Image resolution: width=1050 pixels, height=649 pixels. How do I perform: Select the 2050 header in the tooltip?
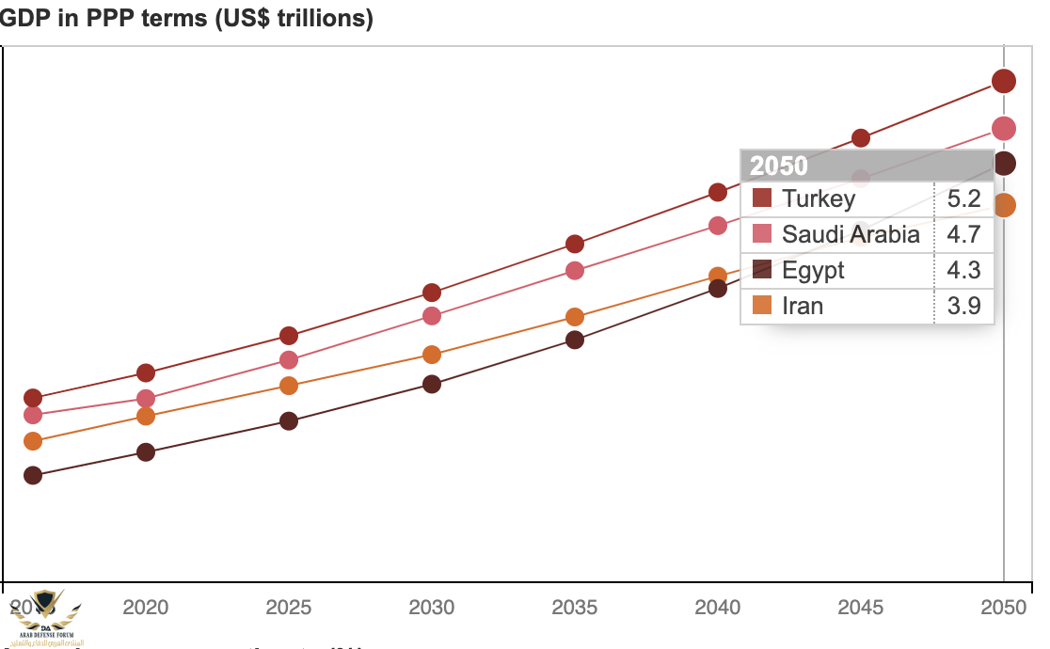click(x=779, y=166)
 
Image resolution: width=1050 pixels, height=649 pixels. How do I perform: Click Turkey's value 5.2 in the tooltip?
click(x=964, y=198)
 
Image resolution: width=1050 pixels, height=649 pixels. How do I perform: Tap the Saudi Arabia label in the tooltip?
click(x=851, y=234)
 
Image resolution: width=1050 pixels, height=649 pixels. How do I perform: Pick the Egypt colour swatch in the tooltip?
click(x=762, y=270)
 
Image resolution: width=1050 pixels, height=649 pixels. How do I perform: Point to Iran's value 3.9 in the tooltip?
click(x=964, y=306)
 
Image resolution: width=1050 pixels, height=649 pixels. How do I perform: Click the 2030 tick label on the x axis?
click(x=432, y=607)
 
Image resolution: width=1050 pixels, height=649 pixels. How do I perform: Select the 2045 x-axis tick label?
click(x=861, y=607)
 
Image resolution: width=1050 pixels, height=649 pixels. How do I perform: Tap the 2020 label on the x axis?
click(x=146, y=607)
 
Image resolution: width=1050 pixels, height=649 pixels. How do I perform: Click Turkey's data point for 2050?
click(x=1004, y=81)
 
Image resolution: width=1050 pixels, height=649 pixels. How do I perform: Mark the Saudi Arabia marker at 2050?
click(x=1004, y=128)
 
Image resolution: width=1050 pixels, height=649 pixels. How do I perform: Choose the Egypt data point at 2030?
click(x=432, y=384)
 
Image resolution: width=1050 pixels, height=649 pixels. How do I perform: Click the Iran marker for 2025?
click(x=289, y=386)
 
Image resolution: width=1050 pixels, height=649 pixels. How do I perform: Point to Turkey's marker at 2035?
click(x=575, y=244)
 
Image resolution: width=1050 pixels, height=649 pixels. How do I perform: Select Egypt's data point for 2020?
click(x=146, y=452)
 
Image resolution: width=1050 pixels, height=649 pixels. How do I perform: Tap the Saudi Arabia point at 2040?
click(x=718, y=226)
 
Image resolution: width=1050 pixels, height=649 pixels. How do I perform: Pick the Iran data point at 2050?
click(x=1004, y=205)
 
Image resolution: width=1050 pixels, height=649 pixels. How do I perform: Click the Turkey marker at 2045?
click(x=861, y=138)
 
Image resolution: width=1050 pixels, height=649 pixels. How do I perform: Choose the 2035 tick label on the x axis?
click(x=575, y=607)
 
